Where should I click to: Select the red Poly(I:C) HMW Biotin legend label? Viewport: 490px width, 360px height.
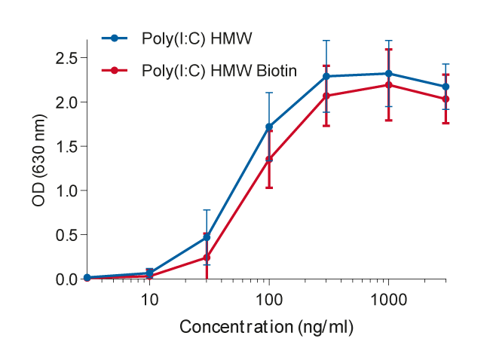point(219,71)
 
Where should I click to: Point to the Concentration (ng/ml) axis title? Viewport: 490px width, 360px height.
point(266,328)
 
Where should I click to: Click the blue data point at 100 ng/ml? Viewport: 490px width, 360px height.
point(269,127)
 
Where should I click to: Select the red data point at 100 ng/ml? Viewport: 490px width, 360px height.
point(269,159)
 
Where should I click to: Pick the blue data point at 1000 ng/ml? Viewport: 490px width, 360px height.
point(388,74)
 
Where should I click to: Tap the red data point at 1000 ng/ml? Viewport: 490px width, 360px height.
point(388,85)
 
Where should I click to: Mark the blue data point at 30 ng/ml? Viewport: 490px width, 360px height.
point(207,237)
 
